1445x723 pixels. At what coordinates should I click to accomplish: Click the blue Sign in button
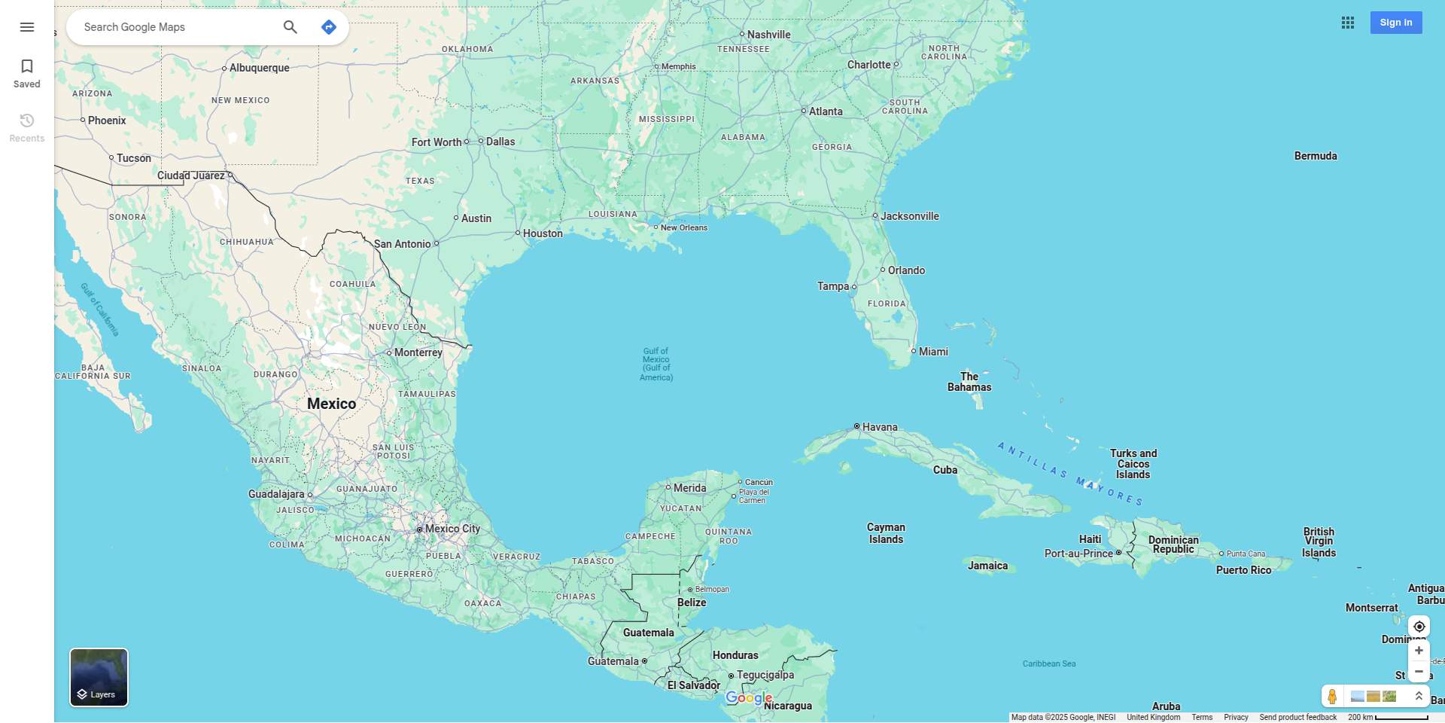[1395, 23]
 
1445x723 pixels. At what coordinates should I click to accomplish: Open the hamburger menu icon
[27, 27]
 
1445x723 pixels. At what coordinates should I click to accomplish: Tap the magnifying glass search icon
[291, 27]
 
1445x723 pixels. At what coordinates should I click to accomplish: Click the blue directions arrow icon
[329, 27]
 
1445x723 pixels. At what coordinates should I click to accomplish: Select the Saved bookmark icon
[27, 73]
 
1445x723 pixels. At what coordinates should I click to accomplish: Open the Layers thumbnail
[99, 677]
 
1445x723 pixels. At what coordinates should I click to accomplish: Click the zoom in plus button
[1419, 651]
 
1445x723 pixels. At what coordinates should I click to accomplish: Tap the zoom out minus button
[1419, 672]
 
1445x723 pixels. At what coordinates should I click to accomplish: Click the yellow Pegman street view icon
[1332, 696]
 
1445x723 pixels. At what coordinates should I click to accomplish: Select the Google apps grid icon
[1348, 23]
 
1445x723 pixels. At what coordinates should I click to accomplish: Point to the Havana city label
[879, 427]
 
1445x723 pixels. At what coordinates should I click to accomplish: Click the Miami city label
[933, 352]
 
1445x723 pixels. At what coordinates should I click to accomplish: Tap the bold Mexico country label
[331, 404]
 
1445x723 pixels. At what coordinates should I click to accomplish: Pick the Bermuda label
[1316, 156]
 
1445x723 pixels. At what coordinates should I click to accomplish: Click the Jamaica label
[987, 566]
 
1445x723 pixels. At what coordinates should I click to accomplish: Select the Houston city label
[543, 233]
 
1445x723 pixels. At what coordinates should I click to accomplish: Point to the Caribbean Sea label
[1048, 664]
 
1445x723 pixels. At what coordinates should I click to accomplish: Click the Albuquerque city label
[259, 68]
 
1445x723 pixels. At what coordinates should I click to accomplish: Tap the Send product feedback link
[1297, 717]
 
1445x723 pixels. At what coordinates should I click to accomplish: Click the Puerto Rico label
[1243, 570]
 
